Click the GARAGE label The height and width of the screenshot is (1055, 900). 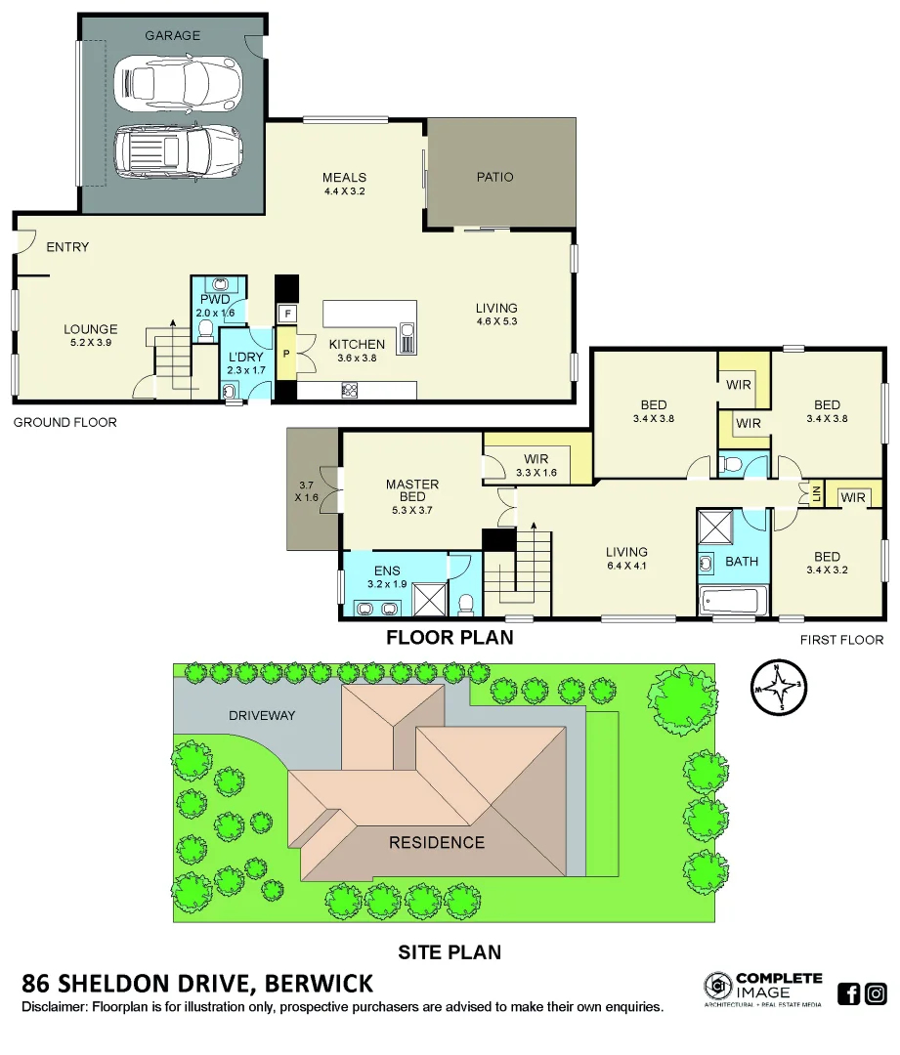172,35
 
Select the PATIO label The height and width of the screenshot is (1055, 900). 494,177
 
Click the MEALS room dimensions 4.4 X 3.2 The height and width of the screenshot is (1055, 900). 344,191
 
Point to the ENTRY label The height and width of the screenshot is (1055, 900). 67,247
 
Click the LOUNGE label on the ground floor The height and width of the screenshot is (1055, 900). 91,329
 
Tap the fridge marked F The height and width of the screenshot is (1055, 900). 287,314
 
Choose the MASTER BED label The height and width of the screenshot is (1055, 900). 412,490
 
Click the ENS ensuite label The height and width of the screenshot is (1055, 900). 386,570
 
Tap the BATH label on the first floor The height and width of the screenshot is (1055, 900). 742,562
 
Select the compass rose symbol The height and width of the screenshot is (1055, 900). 779,687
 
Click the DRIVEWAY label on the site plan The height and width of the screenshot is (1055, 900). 262,715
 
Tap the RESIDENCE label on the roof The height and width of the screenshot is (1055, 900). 436,842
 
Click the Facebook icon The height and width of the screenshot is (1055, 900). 849,994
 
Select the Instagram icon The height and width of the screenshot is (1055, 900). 877,994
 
